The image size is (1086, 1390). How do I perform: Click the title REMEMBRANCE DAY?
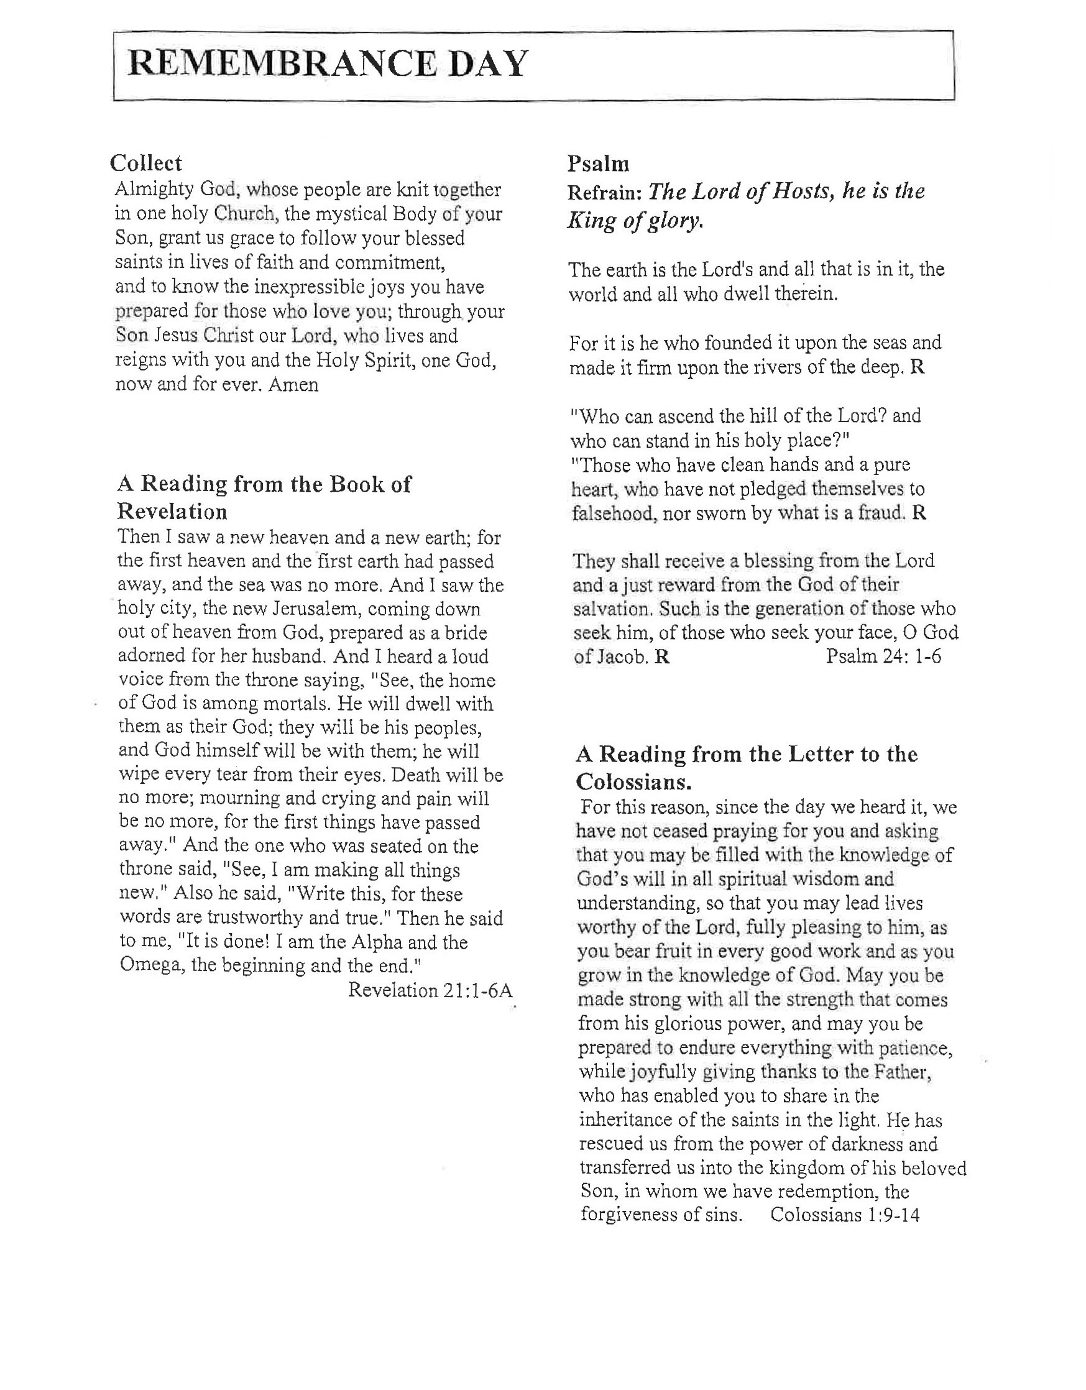(x=327, y=64)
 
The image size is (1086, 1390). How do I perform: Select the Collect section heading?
(x=146, y=163)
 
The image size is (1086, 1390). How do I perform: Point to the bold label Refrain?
(x=605, y=193)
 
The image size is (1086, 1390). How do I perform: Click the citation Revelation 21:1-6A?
(x=430, y=990)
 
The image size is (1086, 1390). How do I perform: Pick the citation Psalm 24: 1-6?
(x=883, y=656)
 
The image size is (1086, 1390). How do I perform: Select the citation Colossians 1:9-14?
(x=845, y=1215)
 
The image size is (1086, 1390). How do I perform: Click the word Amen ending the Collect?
(x=293, y=384)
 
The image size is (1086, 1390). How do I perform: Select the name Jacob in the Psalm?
(x=621, y=656)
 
